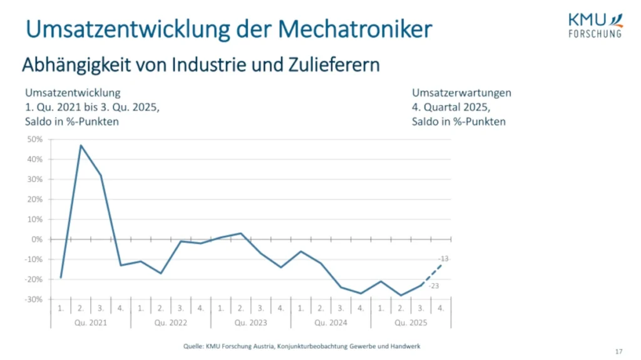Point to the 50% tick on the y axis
click(x=34, y=139)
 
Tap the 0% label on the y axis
click(x=37, y=239)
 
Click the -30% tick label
click(x=34, y=299)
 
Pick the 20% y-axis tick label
click(x=34, y=199)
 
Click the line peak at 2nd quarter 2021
click(x=81, y=145)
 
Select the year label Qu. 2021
click(x=90, y=323)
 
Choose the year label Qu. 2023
click(x=250, y=323)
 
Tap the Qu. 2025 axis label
click(x=411, y=323)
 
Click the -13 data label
click(x=444, y=259)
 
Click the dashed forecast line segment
click(x=431, y=275)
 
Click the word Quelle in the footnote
click(x=194, y=346)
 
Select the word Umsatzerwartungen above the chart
click(x=461, y=93)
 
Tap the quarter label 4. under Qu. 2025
click(x=441, y=308)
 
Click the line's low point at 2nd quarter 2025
click(x=401, y=295)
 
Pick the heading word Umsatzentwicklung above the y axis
click(x=72, y=93)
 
